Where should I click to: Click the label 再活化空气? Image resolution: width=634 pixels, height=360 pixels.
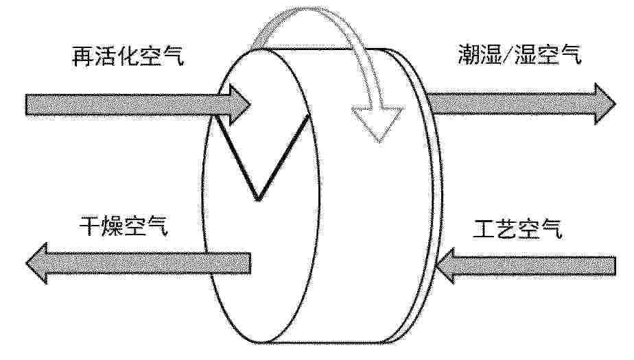pyautogui.click(x=128, y=56)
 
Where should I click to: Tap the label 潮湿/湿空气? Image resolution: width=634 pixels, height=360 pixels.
pyautogui.click(x=520, y=54)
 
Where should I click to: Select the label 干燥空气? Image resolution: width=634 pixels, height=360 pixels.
pyautogui.click(x=124, y=226)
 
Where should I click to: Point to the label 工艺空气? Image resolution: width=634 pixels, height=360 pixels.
pyautogui.click(x=517, y=229)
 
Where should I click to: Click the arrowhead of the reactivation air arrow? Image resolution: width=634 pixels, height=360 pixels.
pyautogui.click(x=239, y=105)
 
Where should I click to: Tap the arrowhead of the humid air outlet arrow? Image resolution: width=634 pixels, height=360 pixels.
pyautogui.click(x=605, y=104)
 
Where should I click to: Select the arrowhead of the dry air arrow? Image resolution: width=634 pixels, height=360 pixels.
pyautogui.click(x=37, y=263)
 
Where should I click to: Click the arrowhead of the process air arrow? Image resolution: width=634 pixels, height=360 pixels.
pyautogui.click(x=445, y=265)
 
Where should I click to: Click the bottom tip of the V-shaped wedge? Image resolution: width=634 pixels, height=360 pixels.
pyautogui.click(x=257, y=200)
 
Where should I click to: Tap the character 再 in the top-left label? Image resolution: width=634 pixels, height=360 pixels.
pyautogui.click(x=83, y=56)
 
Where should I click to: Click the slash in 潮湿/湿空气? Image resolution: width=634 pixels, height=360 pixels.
pyautogui.click(x=508, y=54)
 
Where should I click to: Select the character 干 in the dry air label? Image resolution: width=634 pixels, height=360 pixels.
pyautogui.click(x=90, y=226)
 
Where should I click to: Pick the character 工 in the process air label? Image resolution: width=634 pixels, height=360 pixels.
pyautogui.click(x=484, y=230)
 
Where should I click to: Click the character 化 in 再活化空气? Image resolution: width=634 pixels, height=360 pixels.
pyautogui.click(x=128, y=56)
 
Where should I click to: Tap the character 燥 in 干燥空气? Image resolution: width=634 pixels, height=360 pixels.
pyautogui.click(x=113, y=226)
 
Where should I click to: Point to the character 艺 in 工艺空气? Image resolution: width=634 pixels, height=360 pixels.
pyautogui.click(x=506, y=229)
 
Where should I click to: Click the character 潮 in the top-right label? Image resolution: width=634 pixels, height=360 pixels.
pyautogui.click(x=469, y=55)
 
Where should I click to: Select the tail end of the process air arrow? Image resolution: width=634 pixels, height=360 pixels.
pyautogui.click(x=615, y=265)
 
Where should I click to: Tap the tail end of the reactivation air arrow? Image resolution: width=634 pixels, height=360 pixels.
pyautogui.click(x=27, y=105)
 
